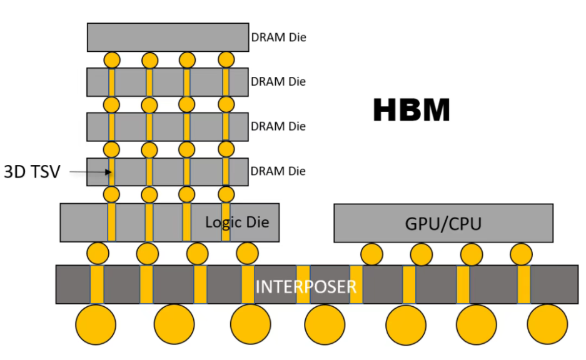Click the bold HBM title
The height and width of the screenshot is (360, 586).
click(412, 110)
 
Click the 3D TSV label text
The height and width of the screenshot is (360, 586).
click(32, 172)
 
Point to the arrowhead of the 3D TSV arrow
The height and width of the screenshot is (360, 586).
click(109, 172)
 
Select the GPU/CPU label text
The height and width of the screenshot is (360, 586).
click(443, 224)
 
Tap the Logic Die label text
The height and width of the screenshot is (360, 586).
click(237, 222)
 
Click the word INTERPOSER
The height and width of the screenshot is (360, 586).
click(306, 287)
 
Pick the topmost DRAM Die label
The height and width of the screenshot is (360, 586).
click(279, 37)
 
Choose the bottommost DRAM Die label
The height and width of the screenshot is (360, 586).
click(278, 171)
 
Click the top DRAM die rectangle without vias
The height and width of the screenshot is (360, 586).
click(168, 37)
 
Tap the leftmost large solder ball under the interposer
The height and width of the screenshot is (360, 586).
click(96, 324)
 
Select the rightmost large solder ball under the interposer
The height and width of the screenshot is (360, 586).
click(547, 324)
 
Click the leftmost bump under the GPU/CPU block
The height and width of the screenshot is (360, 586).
click(372, 254)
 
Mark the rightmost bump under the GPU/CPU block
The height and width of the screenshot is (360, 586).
click(522, 254)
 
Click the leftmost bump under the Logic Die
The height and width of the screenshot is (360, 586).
click(98, 254)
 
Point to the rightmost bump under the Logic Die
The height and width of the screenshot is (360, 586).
click(248, 254)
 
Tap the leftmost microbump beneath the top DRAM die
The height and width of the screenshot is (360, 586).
click(112, 60)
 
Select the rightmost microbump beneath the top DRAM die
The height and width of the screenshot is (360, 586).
click(226, 60)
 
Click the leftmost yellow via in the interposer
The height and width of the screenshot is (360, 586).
click(97, 284)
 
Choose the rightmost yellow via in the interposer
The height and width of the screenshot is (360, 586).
click(524, 284)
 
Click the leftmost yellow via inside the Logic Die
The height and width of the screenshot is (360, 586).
click(112, 222)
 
